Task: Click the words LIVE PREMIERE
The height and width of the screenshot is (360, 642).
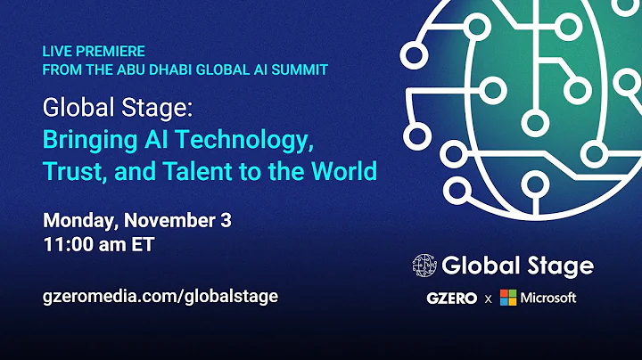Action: (94, 52)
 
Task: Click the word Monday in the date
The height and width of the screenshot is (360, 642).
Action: (75, 221)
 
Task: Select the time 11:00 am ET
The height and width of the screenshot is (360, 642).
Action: (99, 244)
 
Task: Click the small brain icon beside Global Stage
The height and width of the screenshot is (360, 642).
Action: (424, 265)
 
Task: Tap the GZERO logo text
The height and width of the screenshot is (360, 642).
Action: (449, 298)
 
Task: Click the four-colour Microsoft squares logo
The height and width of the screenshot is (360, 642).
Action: (508, 298)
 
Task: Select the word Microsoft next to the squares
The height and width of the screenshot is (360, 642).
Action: (549, 298)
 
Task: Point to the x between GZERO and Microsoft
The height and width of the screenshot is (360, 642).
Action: (489, 299)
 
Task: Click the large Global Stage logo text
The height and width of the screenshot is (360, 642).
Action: (517, 265)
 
